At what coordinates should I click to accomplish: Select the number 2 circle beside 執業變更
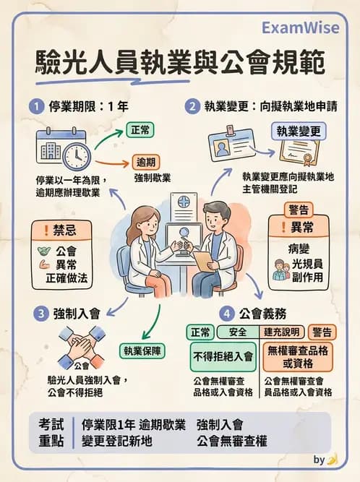click(192, 106)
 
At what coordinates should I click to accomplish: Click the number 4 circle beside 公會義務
click(226, 313)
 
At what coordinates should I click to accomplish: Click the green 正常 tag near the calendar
click(140, 131)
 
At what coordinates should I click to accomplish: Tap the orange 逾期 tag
click(145, 162)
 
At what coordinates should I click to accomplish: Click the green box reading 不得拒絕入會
click(223, 356)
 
